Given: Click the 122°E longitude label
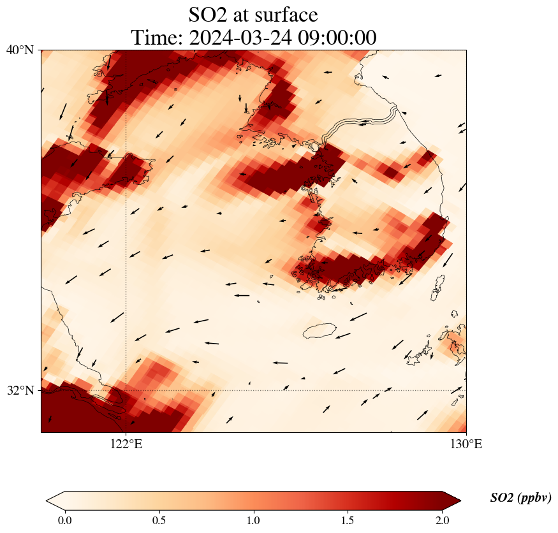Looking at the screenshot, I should click(x=126, y=444).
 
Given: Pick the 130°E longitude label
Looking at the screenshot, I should click(x=466, y=444).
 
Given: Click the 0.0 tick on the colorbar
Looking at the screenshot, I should click(x=64, y=520).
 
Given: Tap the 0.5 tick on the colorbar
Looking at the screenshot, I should click(x=159, y=520).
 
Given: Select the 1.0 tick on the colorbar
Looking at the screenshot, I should click(x=254, y=520).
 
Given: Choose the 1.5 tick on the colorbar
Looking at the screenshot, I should click(x=348, y=520).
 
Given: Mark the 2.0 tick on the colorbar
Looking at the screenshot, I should click(x=443, y=520).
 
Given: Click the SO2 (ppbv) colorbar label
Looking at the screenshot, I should click(x=520, y=498).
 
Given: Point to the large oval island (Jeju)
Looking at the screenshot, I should click(x=319, y=331).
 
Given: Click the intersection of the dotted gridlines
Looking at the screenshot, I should click(x=126, y=390).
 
